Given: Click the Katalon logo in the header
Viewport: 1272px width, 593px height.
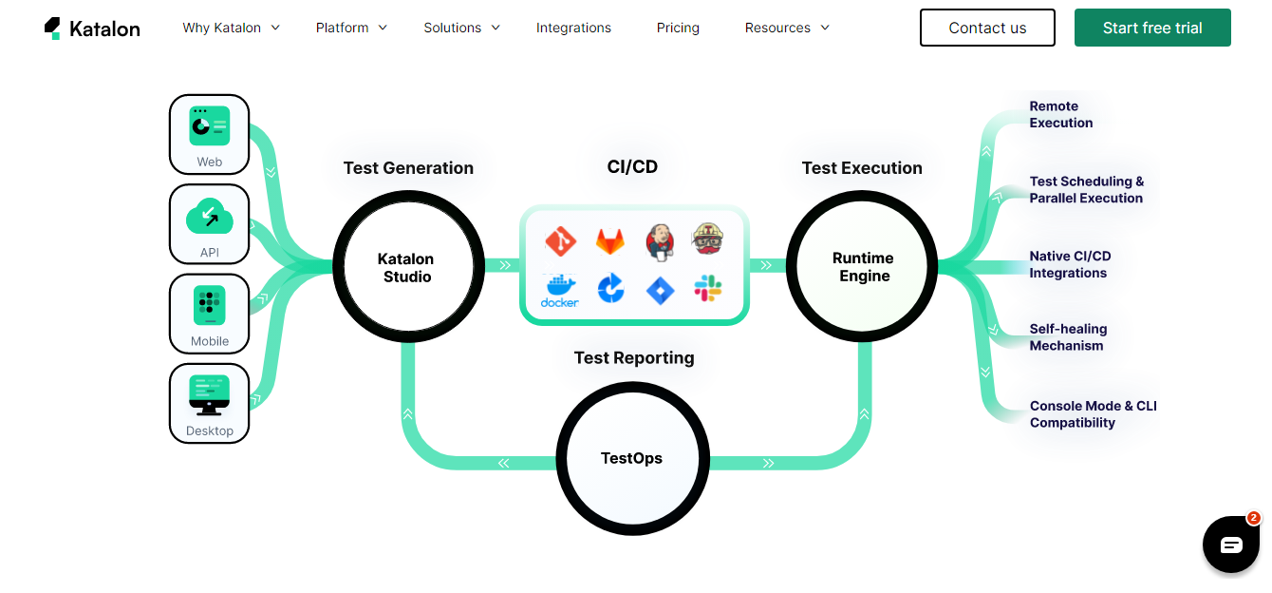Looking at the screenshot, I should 92,29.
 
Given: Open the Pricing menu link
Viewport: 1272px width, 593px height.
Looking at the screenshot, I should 678,28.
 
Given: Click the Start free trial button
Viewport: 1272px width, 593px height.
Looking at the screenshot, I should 1152,28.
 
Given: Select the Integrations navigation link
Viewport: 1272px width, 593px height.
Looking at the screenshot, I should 573,28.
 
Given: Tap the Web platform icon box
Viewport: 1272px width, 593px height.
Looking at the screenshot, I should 209,134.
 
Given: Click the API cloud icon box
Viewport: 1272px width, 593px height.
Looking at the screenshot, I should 209,224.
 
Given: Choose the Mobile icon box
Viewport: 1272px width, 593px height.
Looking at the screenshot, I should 209,314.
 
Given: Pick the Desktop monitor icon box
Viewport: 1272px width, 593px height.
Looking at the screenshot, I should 209,403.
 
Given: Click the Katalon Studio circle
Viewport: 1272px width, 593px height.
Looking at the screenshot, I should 407,267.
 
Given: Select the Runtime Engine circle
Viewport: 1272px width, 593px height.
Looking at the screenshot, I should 863,267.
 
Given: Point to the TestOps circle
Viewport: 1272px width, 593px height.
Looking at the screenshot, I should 632,458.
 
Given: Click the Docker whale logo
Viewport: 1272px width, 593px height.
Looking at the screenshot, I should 560,290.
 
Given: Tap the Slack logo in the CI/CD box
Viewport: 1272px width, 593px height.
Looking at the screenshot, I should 707,289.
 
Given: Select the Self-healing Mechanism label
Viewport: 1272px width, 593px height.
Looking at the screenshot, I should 1068,337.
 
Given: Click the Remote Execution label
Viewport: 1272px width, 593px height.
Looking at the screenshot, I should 1060,115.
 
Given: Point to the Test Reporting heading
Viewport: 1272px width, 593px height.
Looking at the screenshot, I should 634,358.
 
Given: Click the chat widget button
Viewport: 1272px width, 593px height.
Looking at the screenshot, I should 1231,545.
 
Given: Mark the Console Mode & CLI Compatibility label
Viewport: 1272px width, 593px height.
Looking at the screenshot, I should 1093,414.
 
